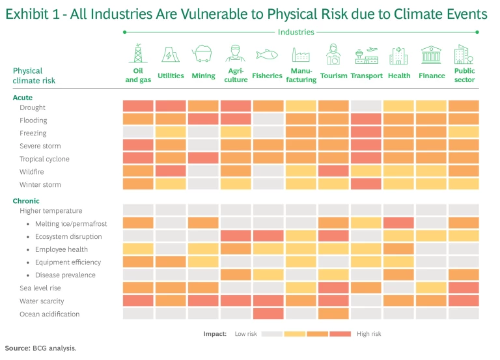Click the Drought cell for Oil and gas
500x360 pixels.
[x=138, y=106]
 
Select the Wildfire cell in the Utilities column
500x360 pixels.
[x=171, y=171]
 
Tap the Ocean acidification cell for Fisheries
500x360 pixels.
[x=268, y=314]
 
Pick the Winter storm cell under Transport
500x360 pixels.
[x=366, y=184]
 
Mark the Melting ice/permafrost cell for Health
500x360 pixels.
[x=398, y=223]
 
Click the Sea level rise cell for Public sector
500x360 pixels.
[x=464, y=288]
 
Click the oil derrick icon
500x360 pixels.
[x=138, y=53]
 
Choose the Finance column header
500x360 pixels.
[x=432, y=76]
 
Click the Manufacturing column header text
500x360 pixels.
[x=301, y=76]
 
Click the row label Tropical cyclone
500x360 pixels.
[x=44, y=159]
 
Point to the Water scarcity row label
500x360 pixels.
[x=42, y=301]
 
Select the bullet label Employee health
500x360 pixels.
[x=61, y=249]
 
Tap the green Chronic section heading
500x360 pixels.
[x=26, y=201]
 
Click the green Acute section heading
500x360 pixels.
[x=23, y=98]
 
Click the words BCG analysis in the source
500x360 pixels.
[x=54, y=348]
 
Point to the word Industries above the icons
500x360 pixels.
[x=296, y=32]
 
